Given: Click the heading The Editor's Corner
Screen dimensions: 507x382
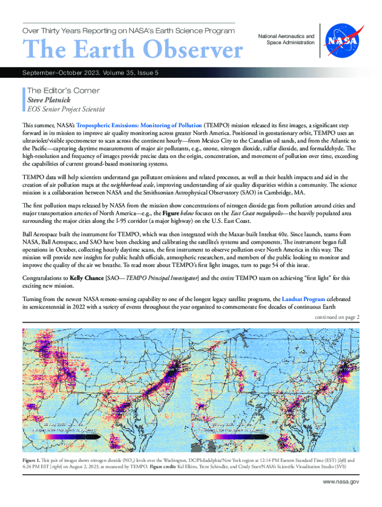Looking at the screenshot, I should (x=63, y=91).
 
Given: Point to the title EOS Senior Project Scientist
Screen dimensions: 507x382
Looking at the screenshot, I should (x=66, y=109).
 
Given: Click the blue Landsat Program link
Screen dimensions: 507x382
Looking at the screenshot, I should (x=303, y=300).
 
